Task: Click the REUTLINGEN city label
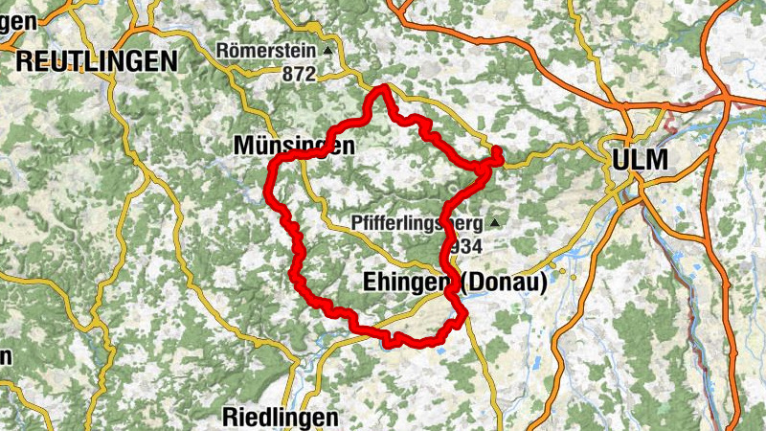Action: coord(97,61)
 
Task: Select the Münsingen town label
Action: coord(294,146)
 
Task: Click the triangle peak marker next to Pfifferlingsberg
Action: coord(494,222)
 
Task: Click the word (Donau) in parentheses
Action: coord(504,283)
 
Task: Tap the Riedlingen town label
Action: coord(281,417)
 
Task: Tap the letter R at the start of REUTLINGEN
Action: coord(24,61)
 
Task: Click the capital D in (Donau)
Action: coord(478,283)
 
